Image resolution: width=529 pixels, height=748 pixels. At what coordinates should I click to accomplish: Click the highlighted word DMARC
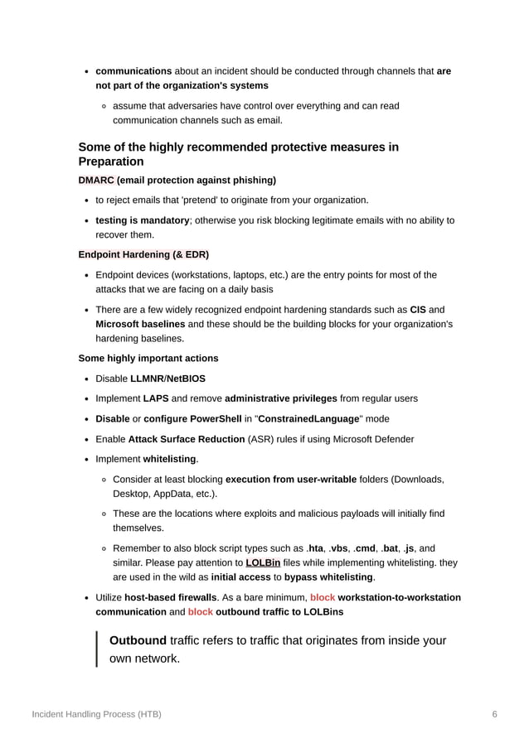[96, 180]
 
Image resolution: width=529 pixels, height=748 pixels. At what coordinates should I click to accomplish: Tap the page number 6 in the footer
[494, 713]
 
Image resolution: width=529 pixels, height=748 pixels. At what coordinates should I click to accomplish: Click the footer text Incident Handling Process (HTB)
[96, 713]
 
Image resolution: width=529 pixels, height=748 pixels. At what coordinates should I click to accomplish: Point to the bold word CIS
[419, 310]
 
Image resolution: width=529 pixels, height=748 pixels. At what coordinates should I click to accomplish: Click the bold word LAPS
[156, 398]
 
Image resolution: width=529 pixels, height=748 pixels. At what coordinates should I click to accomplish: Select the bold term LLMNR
[148, 379]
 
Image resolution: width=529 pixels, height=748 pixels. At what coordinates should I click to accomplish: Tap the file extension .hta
[315, 548]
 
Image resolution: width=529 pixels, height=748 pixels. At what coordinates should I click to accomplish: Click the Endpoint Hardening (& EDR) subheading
[143, 254]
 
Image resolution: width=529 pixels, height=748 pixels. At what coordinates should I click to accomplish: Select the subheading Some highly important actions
[148, 358]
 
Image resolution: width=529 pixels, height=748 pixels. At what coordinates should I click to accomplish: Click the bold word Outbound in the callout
[138, 640]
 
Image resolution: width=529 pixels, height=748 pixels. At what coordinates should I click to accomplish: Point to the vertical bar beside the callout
[97, 649]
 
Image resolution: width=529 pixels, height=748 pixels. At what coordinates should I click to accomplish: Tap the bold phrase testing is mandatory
[143, 220]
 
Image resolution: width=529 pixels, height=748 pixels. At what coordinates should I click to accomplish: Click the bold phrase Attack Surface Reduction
[187, 438]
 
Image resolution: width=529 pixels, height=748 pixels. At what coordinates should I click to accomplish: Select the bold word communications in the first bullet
[133, 71]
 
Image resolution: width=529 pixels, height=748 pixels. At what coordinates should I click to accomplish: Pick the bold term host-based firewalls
[171, 597]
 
